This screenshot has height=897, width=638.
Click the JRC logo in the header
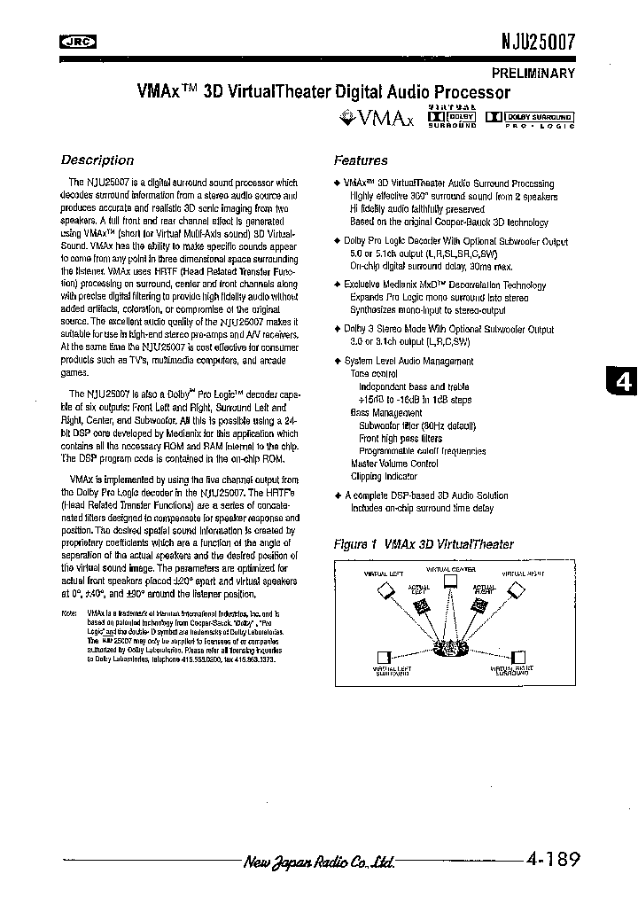[x=78, y=40]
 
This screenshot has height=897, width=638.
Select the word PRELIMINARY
[x=533, y=74]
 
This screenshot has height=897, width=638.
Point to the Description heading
[x=97, y=160]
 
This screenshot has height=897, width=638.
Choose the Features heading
[x=361, y=160]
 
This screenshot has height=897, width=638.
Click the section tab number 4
[x=624, y=381]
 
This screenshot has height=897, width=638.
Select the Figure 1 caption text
[x=423, y=544]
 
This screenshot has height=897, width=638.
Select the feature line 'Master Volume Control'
[x=394, y=463]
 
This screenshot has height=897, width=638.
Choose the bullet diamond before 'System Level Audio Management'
[x=338, y=361]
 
